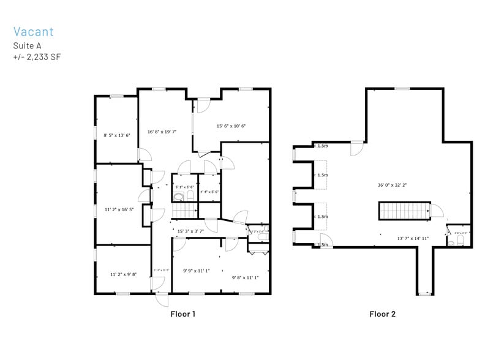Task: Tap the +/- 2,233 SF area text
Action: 37,57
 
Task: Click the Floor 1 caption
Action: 182,314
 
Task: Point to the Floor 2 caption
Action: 382,314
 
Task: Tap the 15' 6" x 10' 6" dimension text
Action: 231,126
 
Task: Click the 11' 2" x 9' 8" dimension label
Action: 123,274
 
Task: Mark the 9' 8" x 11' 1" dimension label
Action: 245,277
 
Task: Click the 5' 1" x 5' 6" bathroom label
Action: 184,187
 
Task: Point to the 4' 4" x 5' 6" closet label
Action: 209,192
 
